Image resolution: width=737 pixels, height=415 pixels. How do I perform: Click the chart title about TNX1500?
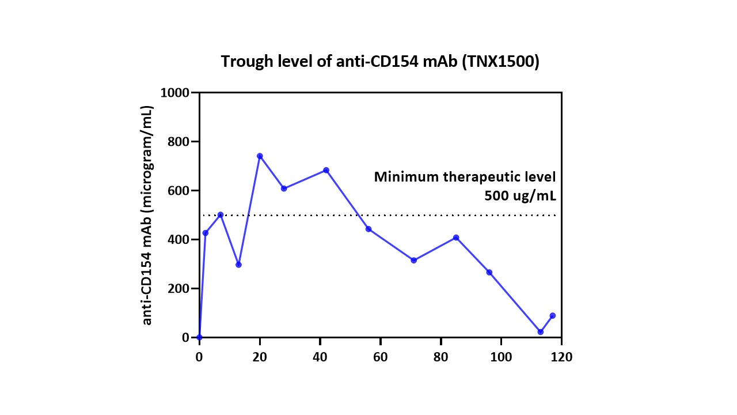pos(380,62)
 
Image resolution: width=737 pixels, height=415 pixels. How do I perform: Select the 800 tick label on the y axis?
pos(181,142)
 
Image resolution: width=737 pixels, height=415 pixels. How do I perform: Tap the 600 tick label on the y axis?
pos(181,191)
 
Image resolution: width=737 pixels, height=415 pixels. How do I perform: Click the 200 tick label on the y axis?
pos(181,288)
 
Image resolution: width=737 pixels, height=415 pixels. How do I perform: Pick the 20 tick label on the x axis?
pos(260,357)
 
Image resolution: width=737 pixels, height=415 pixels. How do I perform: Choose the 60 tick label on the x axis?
pos(381,357)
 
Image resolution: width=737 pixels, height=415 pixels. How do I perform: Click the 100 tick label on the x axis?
pos(501,357)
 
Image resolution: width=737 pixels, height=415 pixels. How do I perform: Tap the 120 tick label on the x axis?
pos(561,357)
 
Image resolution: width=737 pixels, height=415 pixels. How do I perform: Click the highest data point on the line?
pos(260,156)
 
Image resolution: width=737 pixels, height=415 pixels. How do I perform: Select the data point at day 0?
pos(199,337)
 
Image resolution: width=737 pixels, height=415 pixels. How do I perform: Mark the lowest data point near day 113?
pos(540,331)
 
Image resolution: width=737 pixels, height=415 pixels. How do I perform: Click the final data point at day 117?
pos(552,315)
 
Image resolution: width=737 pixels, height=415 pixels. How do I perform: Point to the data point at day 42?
pos(326,170)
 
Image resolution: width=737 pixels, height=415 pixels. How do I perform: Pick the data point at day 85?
pos(456,237)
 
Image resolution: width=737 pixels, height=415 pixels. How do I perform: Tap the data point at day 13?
pos(238,265)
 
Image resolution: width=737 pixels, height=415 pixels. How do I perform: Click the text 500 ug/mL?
pos(521,196)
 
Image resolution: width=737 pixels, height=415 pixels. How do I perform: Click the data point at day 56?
pos(368,229)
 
